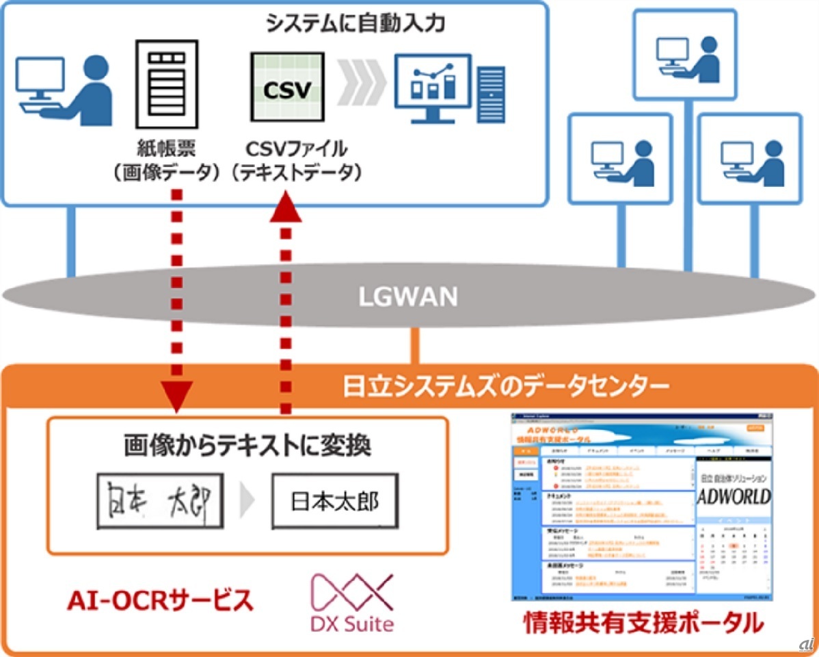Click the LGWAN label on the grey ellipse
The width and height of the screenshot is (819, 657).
pyautogui.click(x=409, y=296)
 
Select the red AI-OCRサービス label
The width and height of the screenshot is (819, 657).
pyautogui.click(x=160, y=601)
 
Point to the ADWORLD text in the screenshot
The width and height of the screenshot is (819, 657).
pyautogui.click(x=734, y=495)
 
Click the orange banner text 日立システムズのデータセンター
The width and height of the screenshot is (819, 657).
pyautogui.click(x=506, y=387)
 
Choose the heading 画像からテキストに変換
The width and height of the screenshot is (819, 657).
pyautogui.click(x=247, y=447)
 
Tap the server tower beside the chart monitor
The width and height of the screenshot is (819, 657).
pyautogui.click(x=492, y=94)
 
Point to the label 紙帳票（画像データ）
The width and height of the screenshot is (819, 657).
pyautogui.click(x=166, y=160)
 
